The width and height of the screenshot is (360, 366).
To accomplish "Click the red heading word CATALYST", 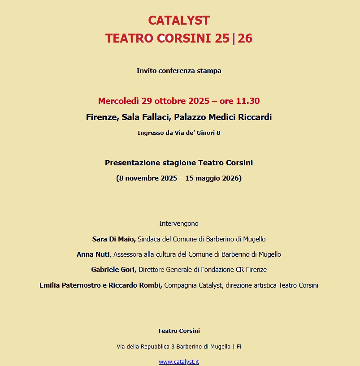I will [179, 20].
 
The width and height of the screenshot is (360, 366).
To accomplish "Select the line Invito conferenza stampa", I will [179, 71].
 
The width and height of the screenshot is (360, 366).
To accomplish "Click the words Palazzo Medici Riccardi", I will [223, 117].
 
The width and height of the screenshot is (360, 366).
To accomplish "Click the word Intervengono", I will [179, 224].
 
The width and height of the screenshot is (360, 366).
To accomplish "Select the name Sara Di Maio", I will [113, 239].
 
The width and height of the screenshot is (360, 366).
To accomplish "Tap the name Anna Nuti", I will [93, 254].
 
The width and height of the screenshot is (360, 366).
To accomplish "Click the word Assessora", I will [127, 254].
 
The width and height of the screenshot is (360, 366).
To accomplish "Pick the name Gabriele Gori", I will [113, 270].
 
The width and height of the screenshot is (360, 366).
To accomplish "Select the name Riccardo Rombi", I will [135, 285].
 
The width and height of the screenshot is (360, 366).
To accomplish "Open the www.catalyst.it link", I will [179, 362].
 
